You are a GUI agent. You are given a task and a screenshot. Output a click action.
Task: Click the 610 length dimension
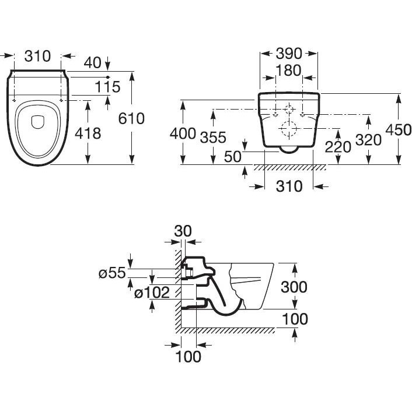(x=131, y=118)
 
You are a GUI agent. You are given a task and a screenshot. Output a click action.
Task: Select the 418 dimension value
(x=88, y=133)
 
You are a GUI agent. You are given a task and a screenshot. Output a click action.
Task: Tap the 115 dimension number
(x=107, y=87)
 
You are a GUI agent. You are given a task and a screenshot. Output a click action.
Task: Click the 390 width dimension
(x=289, y=54)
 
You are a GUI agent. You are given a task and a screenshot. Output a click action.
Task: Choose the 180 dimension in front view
(x=289, y=71)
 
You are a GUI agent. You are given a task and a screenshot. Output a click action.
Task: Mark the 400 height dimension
(x=183, y=133)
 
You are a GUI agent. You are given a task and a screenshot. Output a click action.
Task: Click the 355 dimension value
(x=212, y=138)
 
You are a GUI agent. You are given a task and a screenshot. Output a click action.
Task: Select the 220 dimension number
(x=338, y=146)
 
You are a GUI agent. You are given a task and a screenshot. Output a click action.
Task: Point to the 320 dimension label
(x=369, y=140)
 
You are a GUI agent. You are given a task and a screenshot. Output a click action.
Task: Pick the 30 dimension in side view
(x=183, y=231)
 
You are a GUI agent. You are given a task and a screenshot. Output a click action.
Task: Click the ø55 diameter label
(x=112, y=272)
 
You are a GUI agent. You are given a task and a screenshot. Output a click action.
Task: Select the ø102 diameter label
(x=152, y=293)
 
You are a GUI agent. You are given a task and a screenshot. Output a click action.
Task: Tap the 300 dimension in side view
(x=294, y=287)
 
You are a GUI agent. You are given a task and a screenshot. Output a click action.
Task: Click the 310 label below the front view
(x=288, y=186)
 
